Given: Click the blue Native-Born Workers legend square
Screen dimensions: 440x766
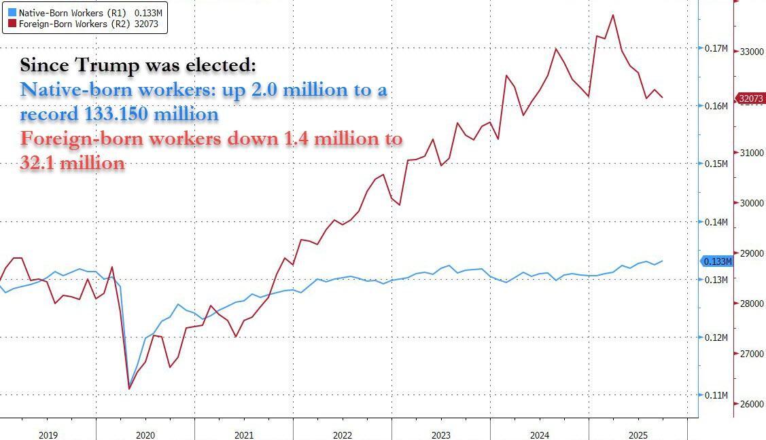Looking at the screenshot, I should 12,13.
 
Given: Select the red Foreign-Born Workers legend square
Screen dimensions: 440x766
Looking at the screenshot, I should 12,24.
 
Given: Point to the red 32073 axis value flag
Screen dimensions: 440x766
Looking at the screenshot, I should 751,98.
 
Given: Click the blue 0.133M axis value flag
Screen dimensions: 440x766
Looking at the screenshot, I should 717,261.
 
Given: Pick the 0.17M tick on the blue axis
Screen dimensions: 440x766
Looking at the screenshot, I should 716,49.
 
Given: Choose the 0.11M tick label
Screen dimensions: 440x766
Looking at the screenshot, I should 716,395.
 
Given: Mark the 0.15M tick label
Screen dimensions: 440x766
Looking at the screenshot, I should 716,164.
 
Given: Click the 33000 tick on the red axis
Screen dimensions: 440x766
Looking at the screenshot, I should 751,52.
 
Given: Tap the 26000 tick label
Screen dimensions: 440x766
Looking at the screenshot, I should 751,405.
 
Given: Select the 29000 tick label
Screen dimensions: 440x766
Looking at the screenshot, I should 751,253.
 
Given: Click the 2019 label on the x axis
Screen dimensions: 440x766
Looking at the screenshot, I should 48,435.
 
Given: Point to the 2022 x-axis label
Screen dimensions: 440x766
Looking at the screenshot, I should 342,435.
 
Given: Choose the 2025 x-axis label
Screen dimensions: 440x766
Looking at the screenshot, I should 638,435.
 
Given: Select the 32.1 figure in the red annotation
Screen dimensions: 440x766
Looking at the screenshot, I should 40,164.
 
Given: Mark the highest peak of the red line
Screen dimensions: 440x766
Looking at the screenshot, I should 613,15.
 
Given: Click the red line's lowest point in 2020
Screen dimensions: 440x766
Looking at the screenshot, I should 129,389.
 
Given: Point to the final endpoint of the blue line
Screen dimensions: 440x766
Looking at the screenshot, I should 663,261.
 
